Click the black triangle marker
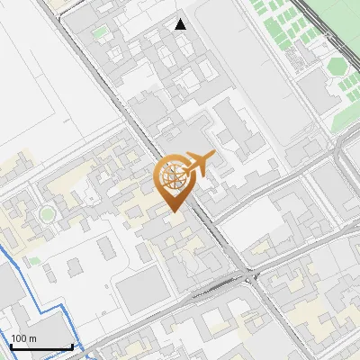[181, 24]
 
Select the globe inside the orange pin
[174, 177]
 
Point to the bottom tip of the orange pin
[174, 213]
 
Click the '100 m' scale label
[24, 337]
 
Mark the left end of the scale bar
[11, 346]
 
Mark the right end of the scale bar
[72, 346]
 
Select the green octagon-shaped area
[338, 67]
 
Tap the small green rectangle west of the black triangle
[99, 33]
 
